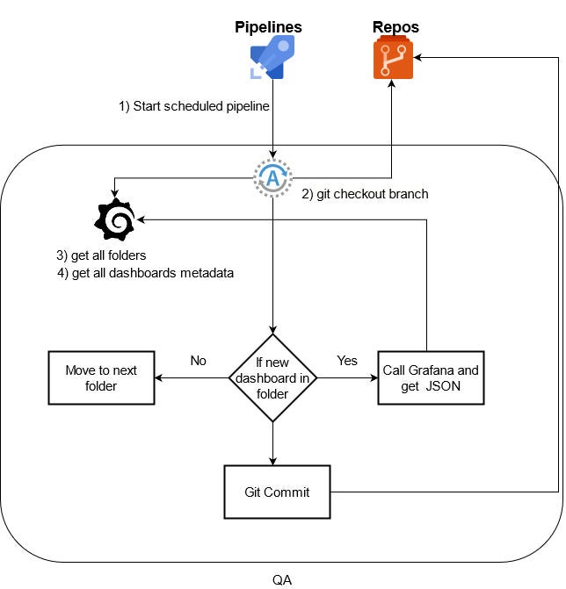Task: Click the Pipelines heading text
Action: tap(268, 27)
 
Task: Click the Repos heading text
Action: tap(395, 27)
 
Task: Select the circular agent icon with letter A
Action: tap(272, 179)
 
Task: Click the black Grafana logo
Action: tap(115, 220)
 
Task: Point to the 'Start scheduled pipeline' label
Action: tap(194, 105)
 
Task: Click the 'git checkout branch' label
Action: tap(365, 194)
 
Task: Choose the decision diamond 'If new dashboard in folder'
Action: tap(272, 378)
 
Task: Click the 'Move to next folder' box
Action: tap(100, 378)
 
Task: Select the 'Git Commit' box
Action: tap(277, 492)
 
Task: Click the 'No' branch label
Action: tap(199, 360)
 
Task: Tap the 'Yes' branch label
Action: tap(347, 360)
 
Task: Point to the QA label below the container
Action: tap(282, 580)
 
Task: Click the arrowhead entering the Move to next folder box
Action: tap(158, 378)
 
